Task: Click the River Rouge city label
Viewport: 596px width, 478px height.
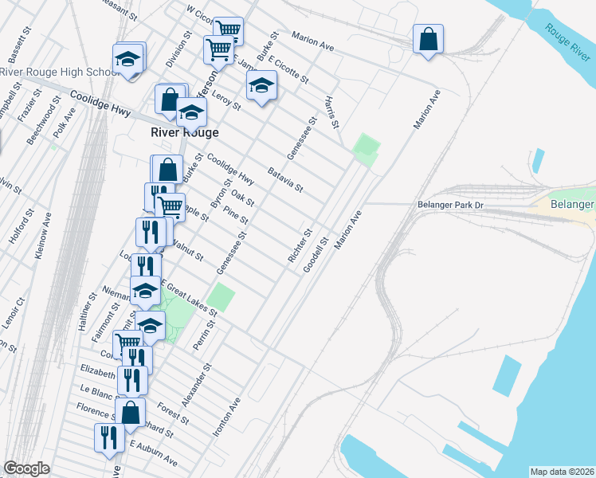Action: click(185, 132)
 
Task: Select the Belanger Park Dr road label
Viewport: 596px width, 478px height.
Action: click(451, 206)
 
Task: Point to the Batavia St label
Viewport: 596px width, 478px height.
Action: click(285, 179)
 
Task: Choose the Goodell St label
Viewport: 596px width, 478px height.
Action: click(315, 255)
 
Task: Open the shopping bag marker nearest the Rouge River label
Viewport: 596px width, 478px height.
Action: click(428, 38)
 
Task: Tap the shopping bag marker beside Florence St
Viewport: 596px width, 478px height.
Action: click(131, 412)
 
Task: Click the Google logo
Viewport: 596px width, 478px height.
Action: click(26, 468)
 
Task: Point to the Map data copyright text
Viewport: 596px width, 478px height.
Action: click(561, 472)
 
